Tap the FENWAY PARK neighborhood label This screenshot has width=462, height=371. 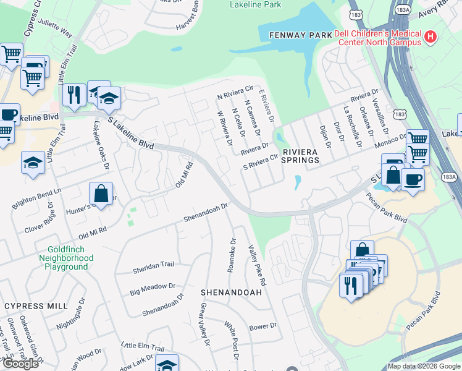(301, 36)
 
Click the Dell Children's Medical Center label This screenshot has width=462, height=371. (378, 38)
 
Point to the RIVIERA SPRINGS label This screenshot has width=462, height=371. (301, 155)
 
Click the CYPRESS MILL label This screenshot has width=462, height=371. (36, 306)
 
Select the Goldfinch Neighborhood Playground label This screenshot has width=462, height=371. (66, 258)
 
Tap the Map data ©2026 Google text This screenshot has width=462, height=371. (424, 366)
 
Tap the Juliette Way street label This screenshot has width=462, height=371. (56, 30)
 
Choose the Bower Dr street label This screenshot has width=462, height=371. (262, 326)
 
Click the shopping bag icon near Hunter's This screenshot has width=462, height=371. (101, 194)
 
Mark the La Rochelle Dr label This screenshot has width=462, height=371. (351, 126)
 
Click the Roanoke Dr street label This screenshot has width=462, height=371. (232, 255)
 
